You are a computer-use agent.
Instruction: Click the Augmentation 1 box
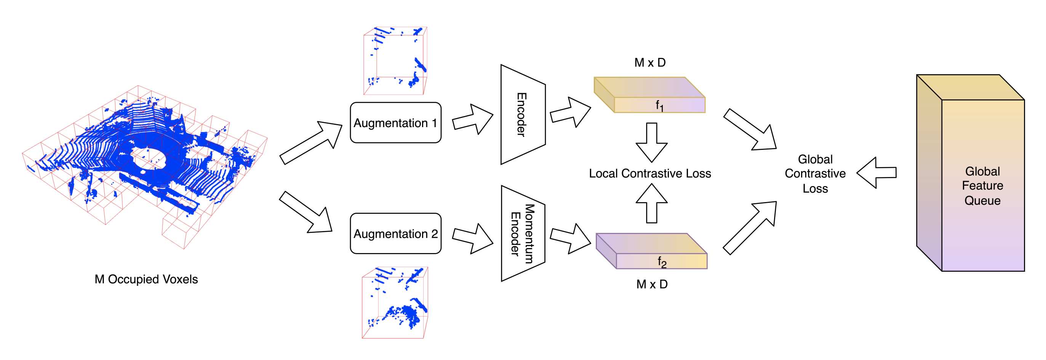point(395,123)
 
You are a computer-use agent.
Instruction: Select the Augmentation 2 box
point(395,233)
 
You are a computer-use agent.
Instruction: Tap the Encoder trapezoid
point(523,115)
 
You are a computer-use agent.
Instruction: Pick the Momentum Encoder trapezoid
point(523,233)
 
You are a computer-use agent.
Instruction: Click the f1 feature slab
point(650,96)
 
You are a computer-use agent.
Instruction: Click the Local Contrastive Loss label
point(650,173)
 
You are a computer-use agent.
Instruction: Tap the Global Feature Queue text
point(982,186)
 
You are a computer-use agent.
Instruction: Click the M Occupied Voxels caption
point(146,279)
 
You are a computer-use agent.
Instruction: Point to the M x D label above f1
point(650,62)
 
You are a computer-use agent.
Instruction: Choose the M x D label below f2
point(652,284)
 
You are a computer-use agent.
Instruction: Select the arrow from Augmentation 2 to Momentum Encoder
point(472,239)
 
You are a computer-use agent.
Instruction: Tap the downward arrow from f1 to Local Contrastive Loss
point(651,142)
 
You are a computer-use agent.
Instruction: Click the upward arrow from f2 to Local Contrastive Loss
point(651,203)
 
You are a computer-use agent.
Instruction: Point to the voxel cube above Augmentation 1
point(395,61)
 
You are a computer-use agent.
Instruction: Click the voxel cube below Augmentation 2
point(395,303)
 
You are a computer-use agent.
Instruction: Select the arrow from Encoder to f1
point(570,112)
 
